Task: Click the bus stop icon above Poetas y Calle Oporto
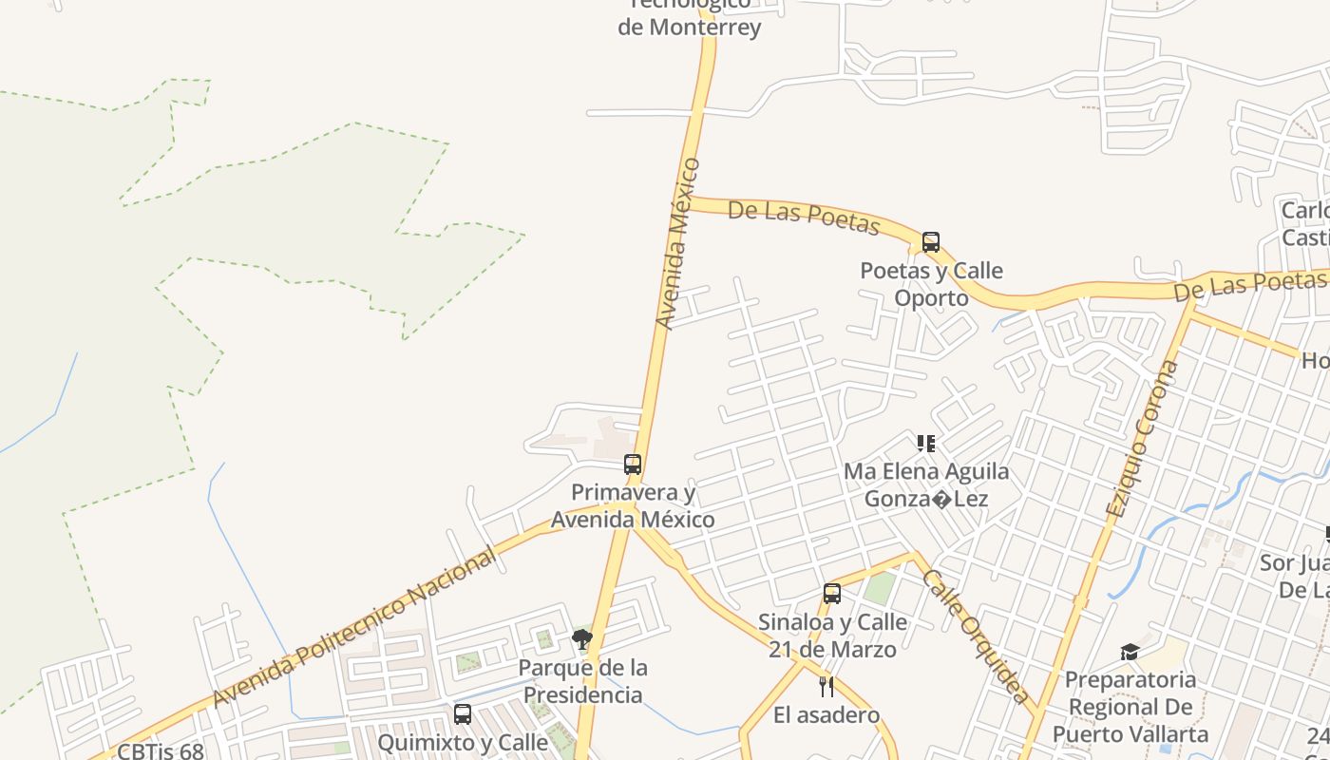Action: [931, 242]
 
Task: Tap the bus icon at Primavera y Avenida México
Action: [633, 465]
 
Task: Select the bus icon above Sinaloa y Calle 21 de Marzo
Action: [832, 594]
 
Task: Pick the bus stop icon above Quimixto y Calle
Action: [463, 714]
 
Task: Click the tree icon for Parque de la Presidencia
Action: [582, 639]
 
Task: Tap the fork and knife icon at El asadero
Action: [826, 686]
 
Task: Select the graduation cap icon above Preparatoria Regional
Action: [1130, 652]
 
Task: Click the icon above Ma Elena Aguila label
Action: [926, 444]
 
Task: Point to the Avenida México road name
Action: [678, 244]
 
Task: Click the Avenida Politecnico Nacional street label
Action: [353, 628]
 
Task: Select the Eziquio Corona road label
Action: [1142, 438]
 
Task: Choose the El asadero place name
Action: [826, 715]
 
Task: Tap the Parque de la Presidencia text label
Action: [583, 681]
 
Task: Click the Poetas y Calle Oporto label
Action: [931, 284]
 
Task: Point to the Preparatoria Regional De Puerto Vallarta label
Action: [1130, 707]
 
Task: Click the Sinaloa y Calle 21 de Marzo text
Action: [832, 636]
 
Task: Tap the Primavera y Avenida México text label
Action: [633, 506]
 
